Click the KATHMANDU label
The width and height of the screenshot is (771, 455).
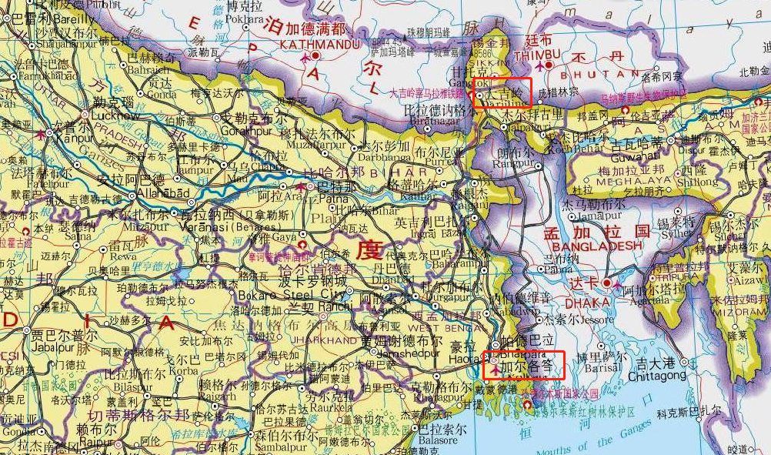309,45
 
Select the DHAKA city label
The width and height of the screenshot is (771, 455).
586,302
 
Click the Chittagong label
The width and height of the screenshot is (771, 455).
656,376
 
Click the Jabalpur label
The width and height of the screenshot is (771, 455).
55,346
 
